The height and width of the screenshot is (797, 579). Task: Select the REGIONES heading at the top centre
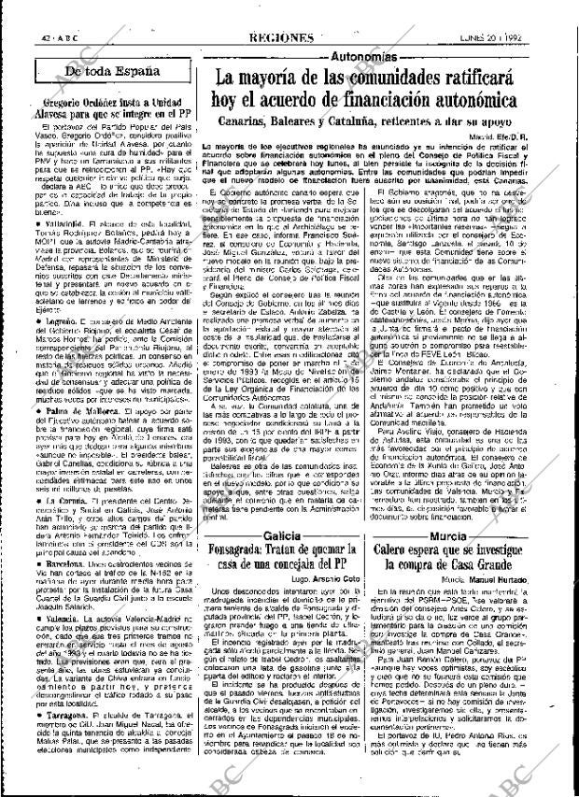[x=281, y=13]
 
